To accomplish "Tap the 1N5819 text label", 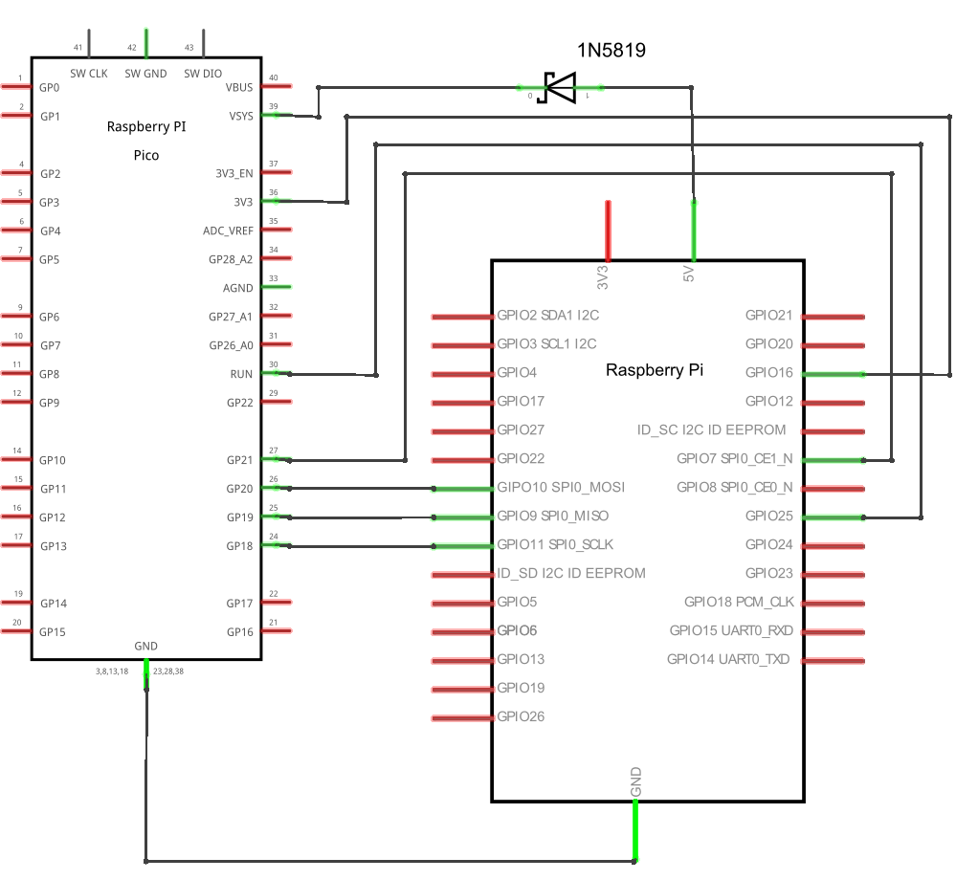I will point(611,51).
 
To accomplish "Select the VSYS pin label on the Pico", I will point(240,116).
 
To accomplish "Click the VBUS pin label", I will point(239,87).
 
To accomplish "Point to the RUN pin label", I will point(241,374).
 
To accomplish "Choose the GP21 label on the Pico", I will point(239,460).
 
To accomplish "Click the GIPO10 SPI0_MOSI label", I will point(561,487).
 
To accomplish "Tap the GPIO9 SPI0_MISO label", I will point(553,516).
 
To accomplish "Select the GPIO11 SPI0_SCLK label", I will point(555,544).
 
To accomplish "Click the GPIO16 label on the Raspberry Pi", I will point(768,372).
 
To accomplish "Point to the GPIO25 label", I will point(768,516).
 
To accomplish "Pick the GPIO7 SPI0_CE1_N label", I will point(734,458).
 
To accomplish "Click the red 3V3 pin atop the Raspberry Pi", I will point(608,230).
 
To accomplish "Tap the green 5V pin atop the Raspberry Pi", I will point(694,230).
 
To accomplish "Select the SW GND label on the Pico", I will point(145,73).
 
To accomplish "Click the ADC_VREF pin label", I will point(228,231).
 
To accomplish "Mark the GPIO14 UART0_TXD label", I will point(729,659).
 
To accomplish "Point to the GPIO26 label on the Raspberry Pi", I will point(521,716).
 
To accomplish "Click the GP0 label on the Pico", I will point(50,87).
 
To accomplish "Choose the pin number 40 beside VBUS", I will point(274,78).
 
